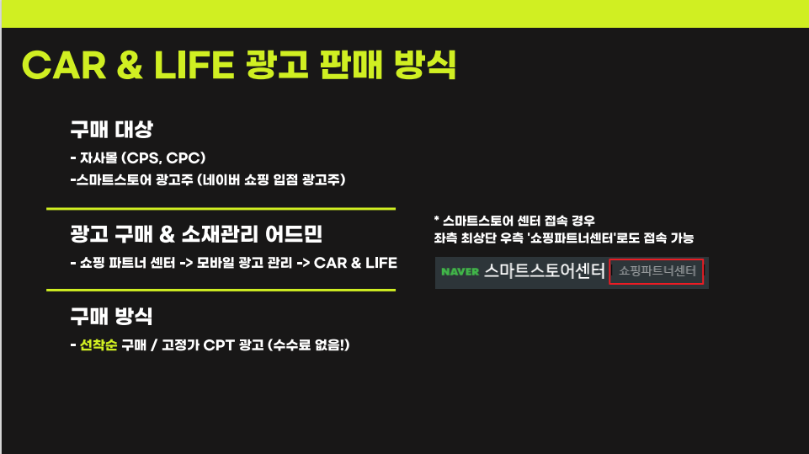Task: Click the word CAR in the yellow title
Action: pyautogui.click(x=64, y=66)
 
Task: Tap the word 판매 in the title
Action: pyautogui.click(x=351, y=65)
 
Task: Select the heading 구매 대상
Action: pyautogui.click(x=111, y=129)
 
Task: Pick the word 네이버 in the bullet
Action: pyautogui.click(x=221, y=179)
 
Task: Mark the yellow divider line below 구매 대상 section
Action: pyautogui.click(x=221, y=209)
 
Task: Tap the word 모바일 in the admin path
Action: pyautogui.click(x=214, y=263)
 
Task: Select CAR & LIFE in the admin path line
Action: pyautogui.click(x=355, y=263)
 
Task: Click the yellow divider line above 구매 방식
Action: pyautogui.click(x=221, y=291)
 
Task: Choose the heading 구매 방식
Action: pyautogui.click(x=111, y=316)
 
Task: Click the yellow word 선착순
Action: pyautogui.click(x=98, y=345)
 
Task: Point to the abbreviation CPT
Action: pyautogui.click(x=219, y=345)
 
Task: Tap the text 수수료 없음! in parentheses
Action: pyautogui.click(x=309, y=345)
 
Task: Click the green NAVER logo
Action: pyautogui.click(x=460, y=272)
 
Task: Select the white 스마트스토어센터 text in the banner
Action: pyautogui.click(x=545, y=270)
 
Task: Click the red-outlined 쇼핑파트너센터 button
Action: pyautogui.click(x=657, y=271)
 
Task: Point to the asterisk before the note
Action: pyautogui.click(x=436, y=220)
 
